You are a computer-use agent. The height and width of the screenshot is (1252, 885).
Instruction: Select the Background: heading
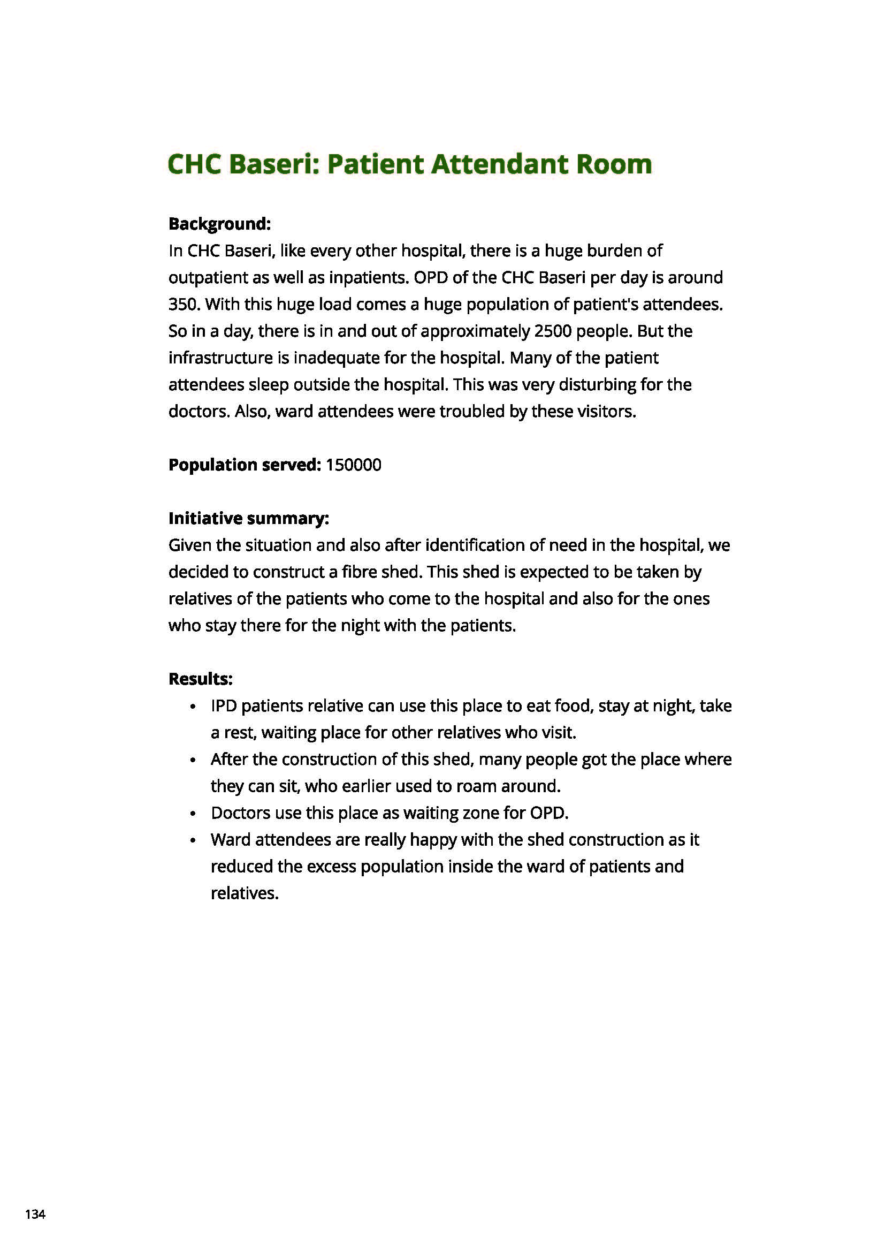219,224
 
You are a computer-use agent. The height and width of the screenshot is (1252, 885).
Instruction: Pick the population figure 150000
353,465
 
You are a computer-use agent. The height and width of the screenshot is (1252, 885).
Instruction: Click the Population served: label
244,465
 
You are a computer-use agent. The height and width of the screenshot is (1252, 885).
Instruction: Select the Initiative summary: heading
248,518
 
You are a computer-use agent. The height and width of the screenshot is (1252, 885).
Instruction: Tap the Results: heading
200,679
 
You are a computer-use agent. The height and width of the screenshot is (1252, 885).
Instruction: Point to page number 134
35,1215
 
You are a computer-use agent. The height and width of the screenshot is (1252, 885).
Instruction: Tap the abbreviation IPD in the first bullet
224,705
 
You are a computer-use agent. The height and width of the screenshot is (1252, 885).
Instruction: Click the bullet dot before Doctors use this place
193,814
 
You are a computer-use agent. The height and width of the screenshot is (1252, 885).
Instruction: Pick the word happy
433,840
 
